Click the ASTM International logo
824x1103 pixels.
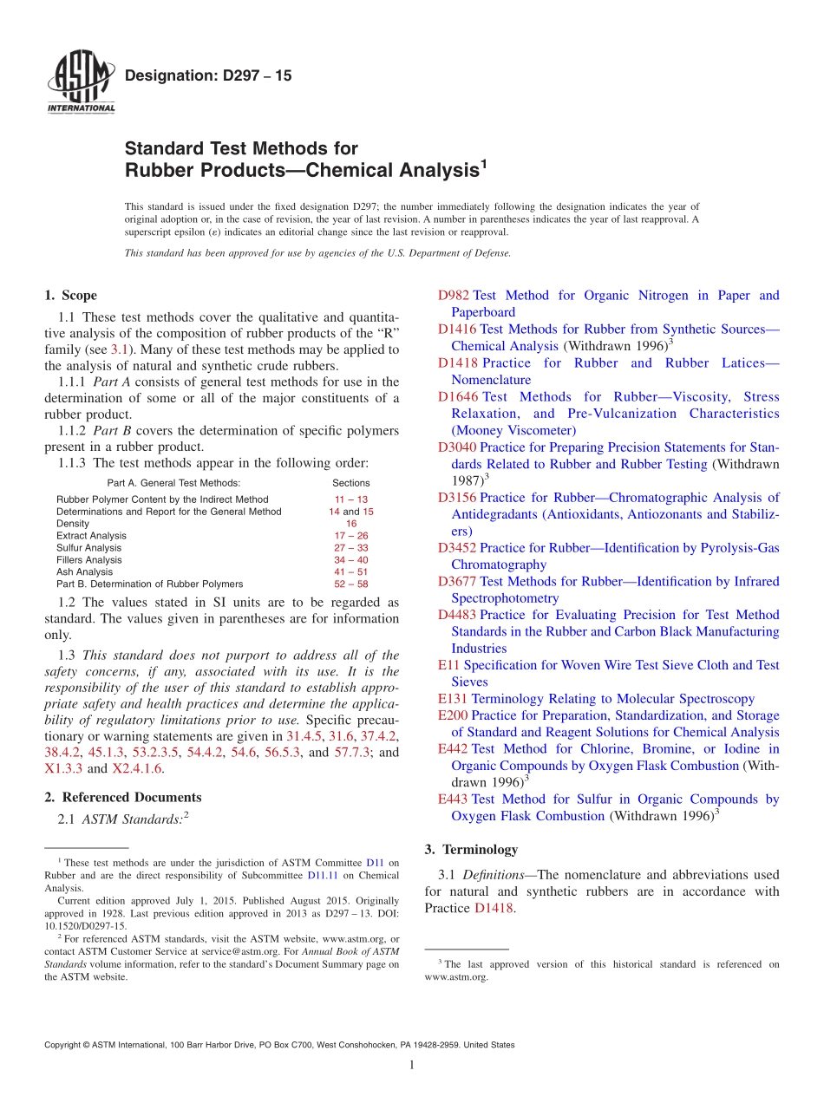coord(81,83)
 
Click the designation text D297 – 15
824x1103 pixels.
coord(208,76)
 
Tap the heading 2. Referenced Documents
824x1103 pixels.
coord(123,798)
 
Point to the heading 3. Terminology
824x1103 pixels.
coord(471,850)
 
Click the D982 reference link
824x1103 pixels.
coord(454,296)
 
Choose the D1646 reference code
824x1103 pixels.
coord(458,397)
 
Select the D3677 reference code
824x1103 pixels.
coord(458,582)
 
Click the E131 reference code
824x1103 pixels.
coord(453,699)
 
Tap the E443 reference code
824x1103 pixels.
coord(454,800)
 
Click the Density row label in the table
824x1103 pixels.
coord(73,524)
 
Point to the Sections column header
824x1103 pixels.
coord(350,483)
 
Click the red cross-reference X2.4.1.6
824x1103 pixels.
coord(137,769)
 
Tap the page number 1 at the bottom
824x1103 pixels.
coord(412,1066)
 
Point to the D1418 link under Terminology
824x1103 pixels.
coord(494,909)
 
